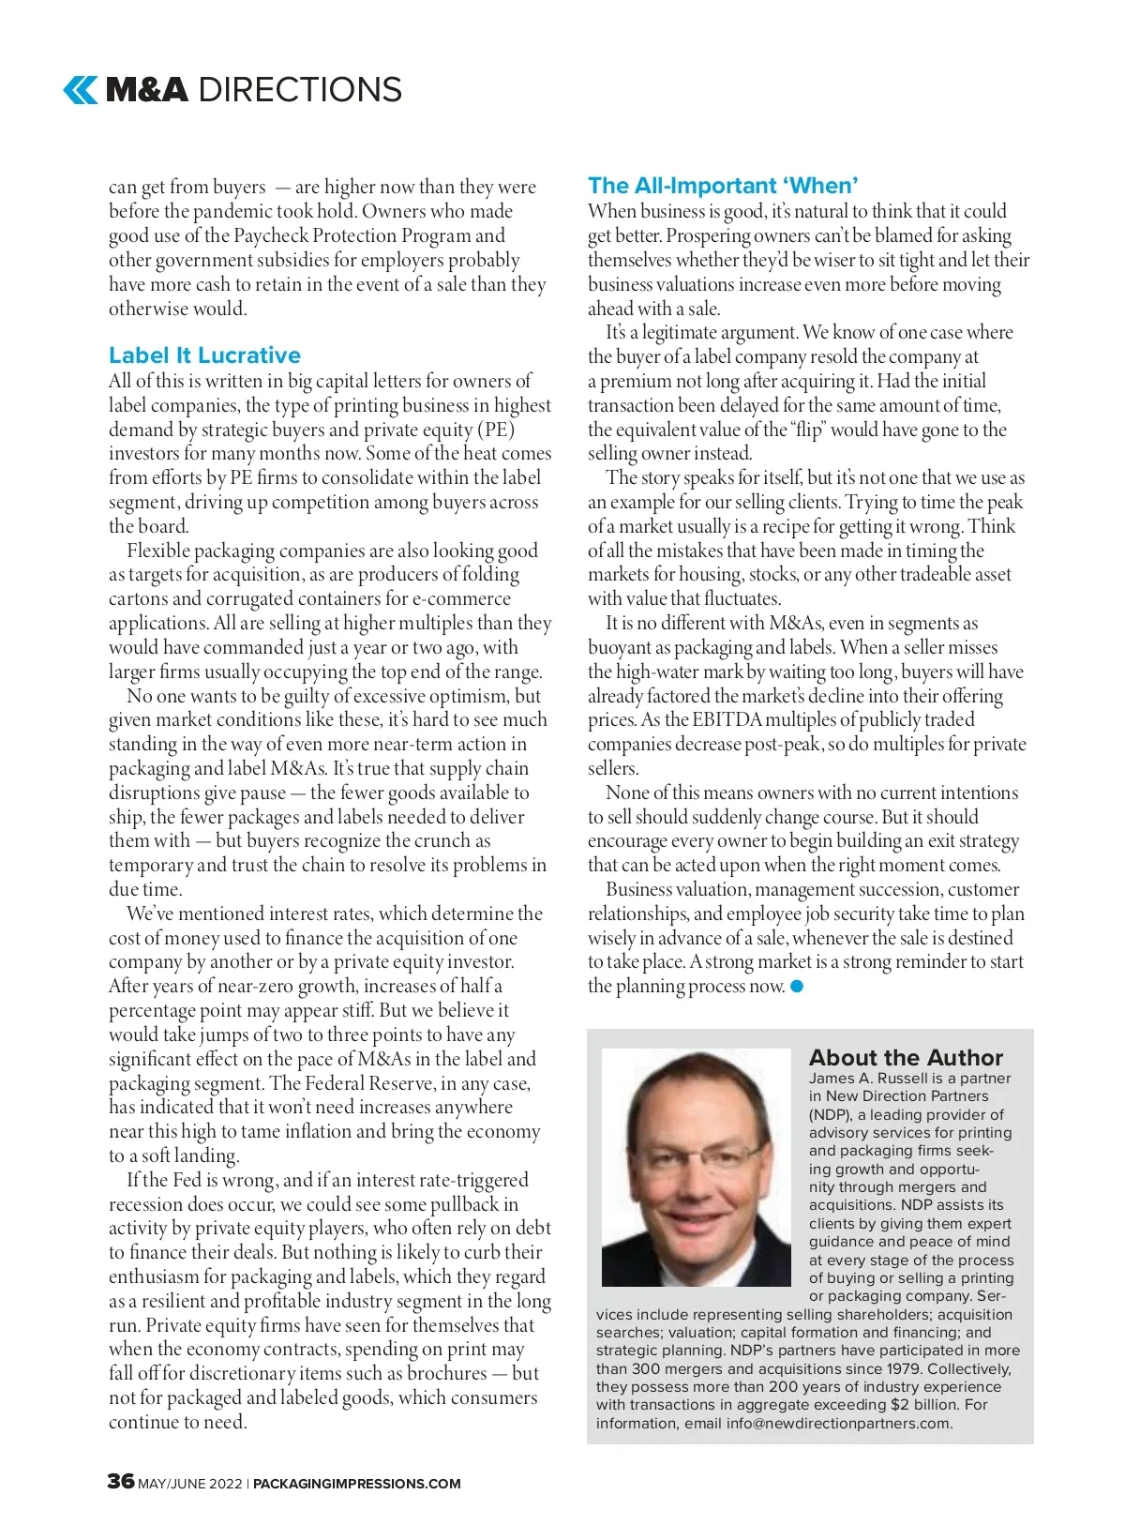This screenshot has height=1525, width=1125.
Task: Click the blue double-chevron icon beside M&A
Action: coord(80,90)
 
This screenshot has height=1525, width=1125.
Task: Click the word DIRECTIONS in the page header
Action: coord(300,90)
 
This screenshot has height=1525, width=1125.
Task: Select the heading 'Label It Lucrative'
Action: coord(204,355)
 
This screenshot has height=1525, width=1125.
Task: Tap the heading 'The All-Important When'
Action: coord(723,186)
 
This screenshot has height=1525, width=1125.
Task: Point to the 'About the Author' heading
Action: coord(906,1058)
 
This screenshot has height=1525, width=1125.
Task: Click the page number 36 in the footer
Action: coord(121,1481)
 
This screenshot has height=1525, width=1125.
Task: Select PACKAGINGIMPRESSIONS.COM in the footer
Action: coord(357,1484)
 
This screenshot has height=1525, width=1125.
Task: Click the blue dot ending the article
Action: coord(797,986)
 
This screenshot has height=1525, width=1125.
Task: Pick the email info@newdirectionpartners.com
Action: coord(839,1423)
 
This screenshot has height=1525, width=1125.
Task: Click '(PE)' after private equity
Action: coord(496,430)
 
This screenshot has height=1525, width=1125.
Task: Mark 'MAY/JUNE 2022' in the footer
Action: coord(190,1484)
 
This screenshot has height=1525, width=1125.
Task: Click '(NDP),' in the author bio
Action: coord(832,1115)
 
